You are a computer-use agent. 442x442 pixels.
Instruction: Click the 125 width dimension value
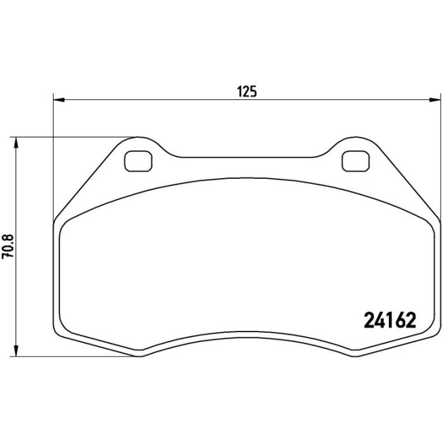tap(247, 92)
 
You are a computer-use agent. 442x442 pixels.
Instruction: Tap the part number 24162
tap(390, 320)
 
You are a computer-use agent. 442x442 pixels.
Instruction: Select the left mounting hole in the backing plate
tap(138, 161)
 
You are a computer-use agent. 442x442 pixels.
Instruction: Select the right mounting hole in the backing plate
tap(355, 161)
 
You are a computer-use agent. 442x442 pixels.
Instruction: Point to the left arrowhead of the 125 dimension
tap(59, 100)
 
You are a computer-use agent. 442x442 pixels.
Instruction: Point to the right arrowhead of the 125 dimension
tap(434, 100)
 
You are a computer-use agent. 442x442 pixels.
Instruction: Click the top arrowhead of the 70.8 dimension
tap(16, 143)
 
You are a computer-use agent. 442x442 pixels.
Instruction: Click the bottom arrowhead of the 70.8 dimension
tap(16, 351)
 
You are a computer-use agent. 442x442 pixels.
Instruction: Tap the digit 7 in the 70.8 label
tap(8, 255)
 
